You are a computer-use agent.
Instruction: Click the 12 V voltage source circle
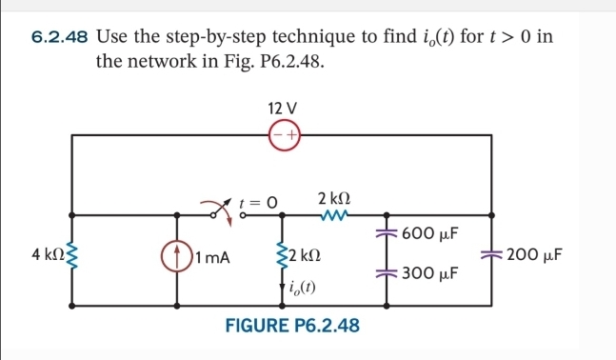tap(284, 136)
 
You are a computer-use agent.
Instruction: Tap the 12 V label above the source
tap(284, 106)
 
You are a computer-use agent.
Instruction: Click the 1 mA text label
tap(212, 256)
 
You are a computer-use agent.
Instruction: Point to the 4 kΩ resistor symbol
tap(74, 255)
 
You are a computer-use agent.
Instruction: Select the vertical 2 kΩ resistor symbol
tap(282, 254)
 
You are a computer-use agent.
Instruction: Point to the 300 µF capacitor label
tap(430, 273)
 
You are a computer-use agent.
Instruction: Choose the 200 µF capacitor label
tap(538, 255)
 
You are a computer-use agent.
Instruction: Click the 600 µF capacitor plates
tap(387, 233)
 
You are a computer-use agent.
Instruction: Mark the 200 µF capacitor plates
tap(491, 254)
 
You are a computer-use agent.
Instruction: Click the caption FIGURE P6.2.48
tap(291, 327)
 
